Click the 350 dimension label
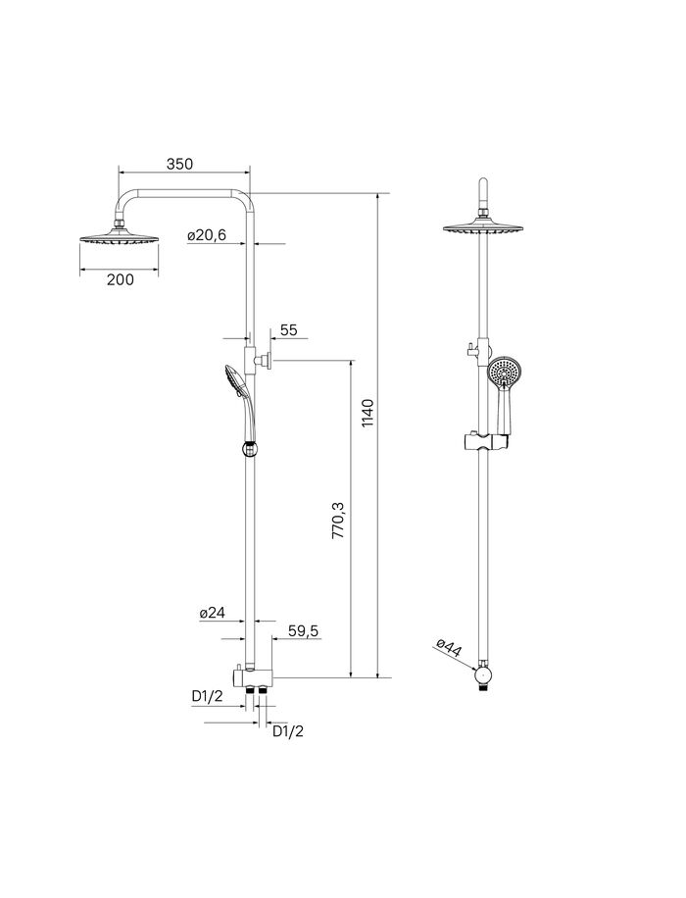[x=179, y=164]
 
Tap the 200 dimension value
[x=121, y=278]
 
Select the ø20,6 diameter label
[x=207, y=235]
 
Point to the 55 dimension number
[x=288, y=330]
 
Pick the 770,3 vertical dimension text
[x=338, y=520]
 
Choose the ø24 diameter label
[x=213, y=613]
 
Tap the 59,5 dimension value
[x=303, y=631]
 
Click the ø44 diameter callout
[x=449, y=649]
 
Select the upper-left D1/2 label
[x=207, y=696]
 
